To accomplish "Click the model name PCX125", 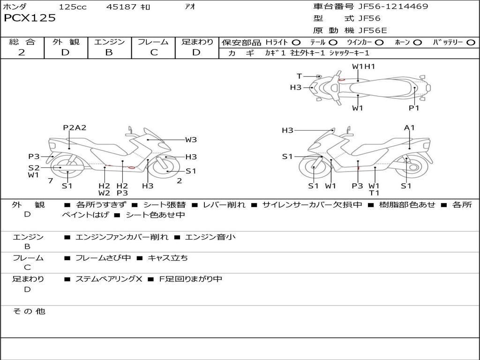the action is [x=30, y=18].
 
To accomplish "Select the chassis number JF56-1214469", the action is [x=393, y=6].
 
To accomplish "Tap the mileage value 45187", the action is [x=121, y=7].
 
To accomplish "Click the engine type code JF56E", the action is [x=373, y=30].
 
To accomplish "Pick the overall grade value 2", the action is [x=22, y=52].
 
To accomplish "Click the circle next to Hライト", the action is [x=296, y=43].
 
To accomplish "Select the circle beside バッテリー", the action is [x=471, y=43].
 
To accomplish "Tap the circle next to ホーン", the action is [x=417, y=43].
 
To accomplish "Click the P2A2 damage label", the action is [x=75, y=127].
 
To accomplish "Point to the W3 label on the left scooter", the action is [x=191, y=140].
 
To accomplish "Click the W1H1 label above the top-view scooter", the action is [x=363, y=66].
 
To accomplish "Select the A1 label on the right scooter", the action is [x=409, y=127].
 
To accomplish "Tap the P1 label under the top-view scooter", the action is [x=414, y=108].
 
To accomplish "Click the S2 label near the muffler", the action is [x=34, y=167].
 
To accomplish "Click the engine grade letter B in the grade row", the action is [x=109, y=52].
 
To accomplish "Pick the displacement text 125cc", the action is [x=73, y=7].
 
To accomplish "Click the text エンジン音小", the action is [x=210, y=237].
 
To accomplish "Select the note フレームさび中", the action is [x=103, y=258].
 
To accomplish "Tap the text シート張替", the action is [x=165, y=204].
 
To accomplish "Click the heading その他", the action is [x=29, y=311].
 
